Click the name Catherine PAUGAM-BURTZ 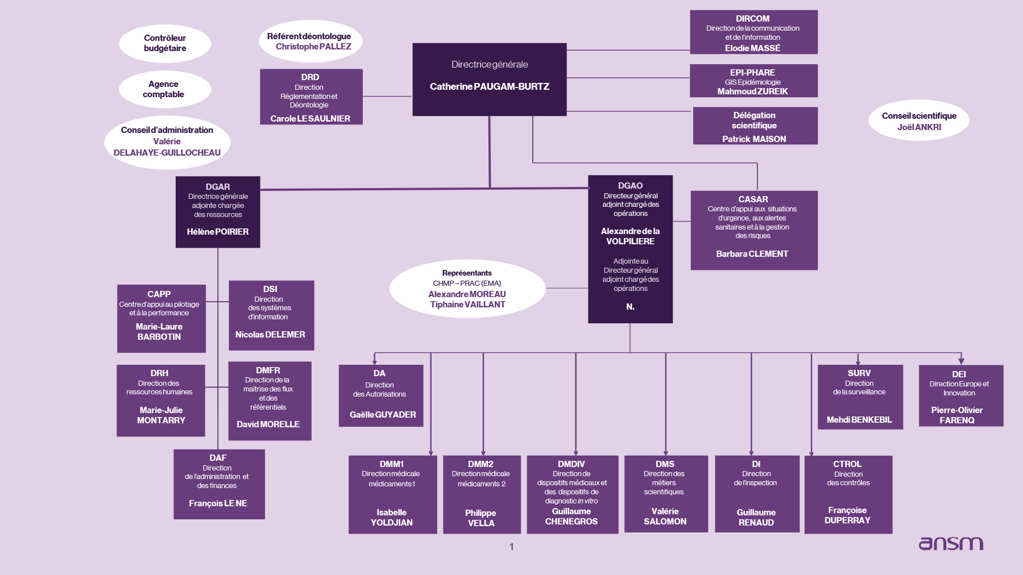click(x=489, y=86)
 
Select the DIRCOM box click(x=753, y=32)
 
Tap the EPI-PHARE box click(x=753, y=81)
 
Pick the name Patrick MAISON click(x=754, y=139)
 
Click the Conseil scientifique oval click(x=918, y=120)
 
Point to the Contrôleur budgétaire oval click(x=165, y=43)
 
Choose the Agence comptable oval click(x=164, y=89)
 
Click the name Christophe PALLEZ click(x=313, y=47)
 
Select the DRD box click(x=311, y=97)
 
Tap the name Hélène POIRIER click(x=218, y=232)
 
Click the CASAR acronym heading click(x=753, y=199)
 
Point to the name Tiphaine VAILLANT click(x=467, y=305)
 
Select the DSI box click(x=271, y=315)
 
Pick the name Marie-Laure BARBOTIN click(x=159, y=332)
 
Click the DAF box click(x=219, y=484)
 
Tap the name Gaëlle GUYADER click(x=383, y=415)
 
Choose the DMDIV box click(x=572, y=494)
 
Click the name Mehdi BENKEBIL click(x=859, y=420)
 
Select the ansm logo click(x=951, y=543)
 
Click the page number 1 click(x=512, y=547)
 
